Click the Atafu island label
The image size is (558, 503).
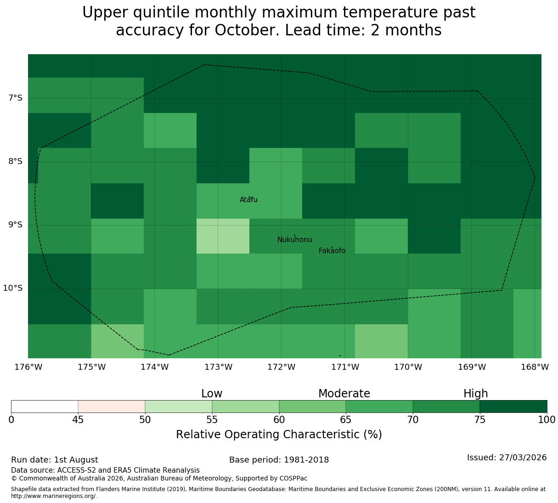tap(248, 199)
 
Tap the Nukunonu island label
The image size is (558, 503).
tap(294, 239)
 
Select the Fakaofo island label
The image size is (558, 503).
tap(332, 250)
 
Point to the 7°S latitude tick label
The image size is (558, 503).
tap(15, 98)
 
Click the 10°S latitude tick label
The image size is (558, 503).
tap(12, 288)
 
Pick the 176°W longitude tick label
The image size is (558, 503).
tap(28, 367)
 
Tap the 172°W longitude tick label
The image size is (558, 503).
tap(281, 367)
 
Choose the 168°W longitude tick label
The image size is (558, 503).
tap(535, 367)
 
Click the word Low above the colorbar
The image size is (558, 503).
tap(212, 394)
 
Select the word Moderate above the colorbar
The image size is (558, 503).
tap(344, 394)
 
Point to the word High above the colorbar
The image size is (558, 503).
tap(476, 394)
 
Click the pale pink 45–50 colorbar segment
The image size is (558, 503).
tap(112, 407)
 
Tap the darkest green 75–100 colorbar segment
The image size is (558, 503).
tap(513, 407)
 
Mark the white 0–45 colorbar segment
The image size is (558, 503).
tap(45, 407)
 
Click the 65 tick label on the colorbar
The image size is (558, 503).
tap(346, 419)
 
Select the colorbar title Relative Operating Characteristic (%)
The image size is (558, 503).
tap(279, 434)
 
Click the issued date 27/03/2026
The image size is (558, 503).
tap(523, 458)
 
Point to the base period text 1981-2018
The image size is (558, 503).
tap(306, 460)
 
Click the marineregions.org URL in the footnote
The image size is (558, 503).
tap(54, 496)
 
